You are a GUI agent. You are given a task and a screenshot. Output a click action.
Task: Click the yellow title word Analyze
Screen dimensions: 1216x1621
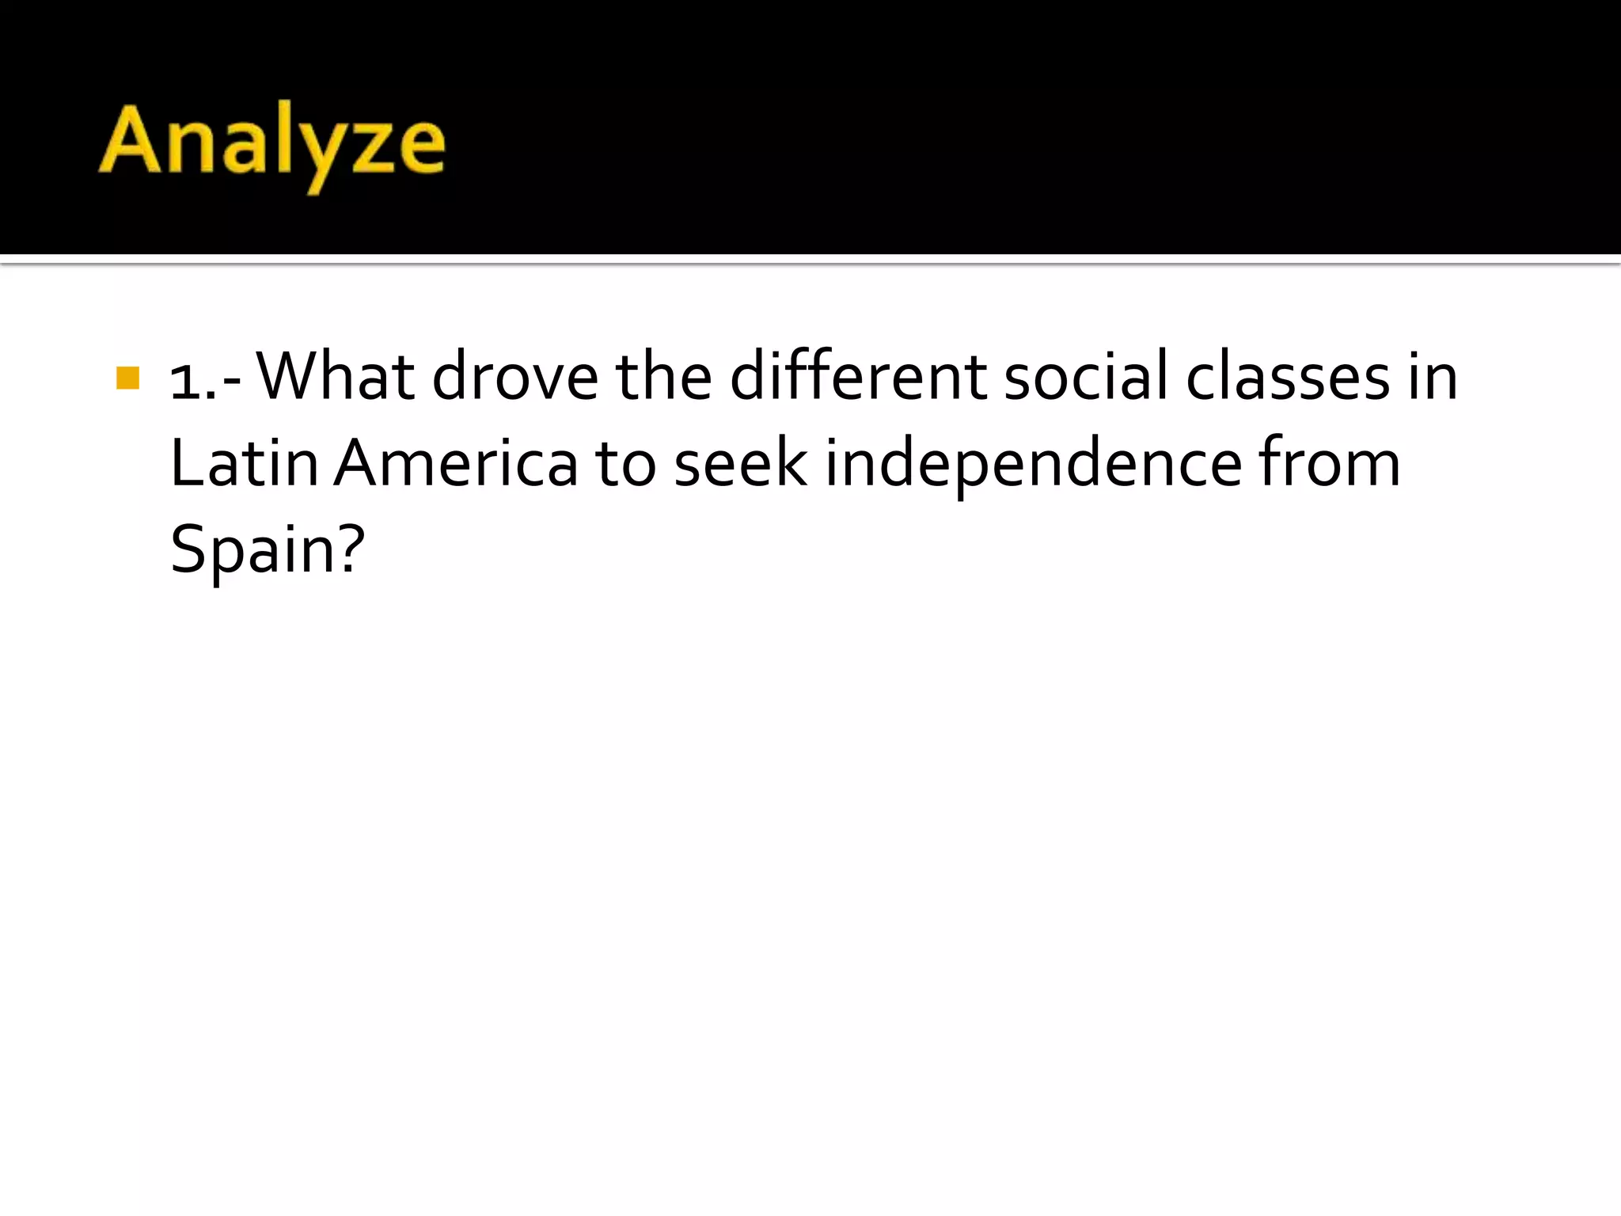(x=271, y=142)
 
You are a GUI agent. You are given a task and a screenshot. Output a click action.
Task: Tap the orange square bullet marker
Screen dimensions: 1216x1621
(x=127, y=378)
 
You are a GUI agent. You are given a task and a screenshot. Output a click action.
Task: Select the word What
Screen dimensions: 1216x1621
(x=336, y=376)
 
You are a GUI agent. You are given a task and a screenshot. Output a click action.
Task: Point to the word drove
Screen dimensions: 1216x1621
(x=515, y=378)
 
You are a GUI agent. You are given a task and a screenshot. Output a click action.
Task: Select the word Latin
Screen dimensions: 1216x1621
(x=244, y=463)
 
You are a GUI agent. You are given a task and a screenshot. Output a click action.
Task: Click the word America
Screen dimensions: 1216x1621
(x=456, y=463)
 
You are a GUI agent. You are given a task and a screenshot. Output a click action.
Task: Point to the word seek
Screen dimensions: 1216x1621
(x=741, y=465)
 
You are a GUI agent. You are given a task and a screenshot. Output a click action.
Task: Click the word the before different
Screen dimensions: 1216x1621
(x=663, y=376)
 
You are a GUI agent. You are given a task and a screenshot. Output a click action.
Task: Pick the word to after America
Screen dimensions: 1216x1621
(x=625, y=465)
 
